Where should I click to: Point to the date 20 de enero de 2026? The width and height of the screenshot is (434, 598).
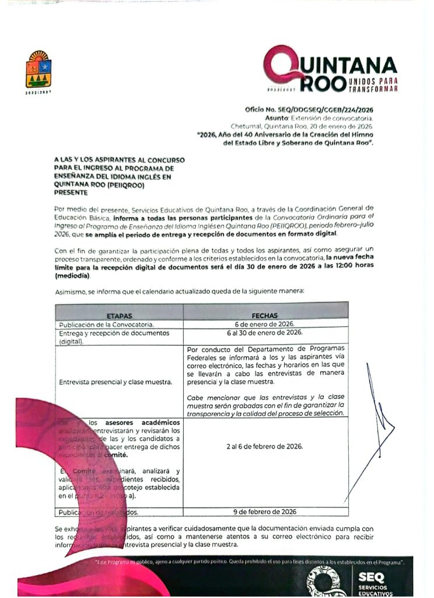[342, 126]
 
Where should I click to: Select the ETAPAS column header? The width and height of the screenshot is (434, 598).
[119, 315]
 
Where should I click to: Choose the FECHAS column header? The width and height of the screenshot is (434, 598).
[265, 315]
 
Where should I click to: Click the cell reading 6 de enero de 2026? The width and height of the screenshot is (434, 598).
[265, 324]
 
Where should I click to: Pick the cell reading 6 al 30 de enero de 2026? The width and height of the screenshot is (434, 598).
[265, 332]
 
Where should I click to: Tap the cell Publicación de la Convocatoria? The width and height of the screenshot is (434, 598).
[105, 324]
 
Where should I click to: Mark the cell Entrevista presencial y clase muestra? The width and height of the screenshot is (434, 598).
[116, 382]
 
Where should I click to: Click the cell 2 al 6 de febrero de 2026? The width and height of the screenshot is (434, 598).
[265, 446]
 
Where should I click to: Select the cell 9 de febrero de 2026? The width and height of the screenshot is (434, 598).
[265, 512]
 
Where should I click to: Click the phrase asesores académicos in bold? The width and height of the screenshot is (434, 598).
[142, 422]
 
